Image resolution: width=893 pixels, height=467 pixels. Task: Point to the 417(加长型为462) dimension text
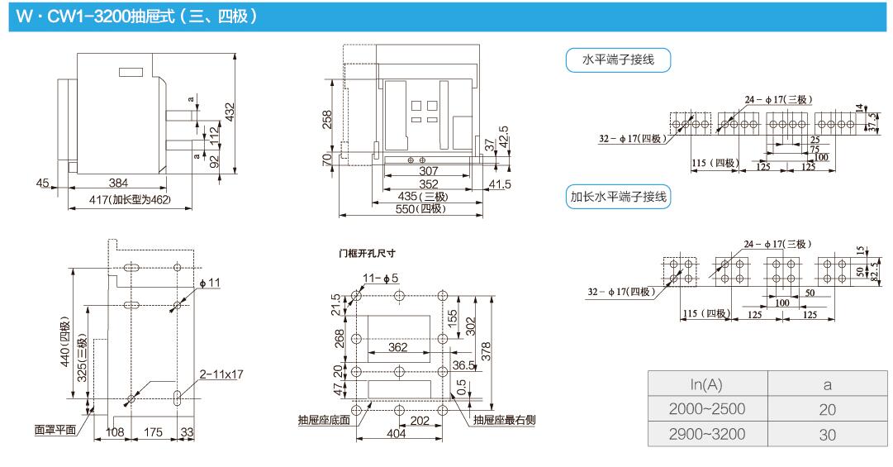[129, 201]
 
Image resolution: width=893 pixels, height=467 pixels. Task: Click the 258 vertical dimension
[327, 119]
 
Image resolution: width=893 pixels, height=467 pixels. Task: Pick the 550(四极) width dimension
[420, 209]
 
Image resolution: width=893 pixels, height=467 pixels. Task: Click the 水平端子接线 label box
[617, 60]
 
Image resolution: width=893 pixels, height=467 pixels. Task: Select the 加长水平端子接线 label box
[617, 198]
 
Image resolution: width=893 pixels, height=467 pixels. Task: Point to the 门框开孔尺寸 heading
[362, 254]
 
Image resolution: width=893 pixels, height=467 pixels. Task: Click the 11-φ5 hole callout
[380, 277]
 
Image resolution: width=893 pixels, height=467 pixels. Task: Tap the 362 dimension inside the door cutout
[398, 347]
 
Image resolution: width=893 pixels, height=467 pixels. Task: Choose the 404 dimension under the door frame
[397, 433]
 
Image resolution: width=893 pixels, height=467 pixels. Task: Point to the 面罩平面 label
[55, 430]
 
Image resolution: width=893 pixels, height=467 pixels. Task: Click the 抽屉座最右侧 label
[505, 420]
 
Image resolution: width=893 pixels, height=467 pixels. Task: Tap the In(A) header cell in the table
[705, 384]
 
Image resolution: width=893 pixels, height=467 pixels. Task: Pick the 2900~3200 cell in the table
[705, 434]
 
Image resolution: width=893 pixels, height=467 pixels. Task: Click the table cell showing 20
[827, 409]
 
